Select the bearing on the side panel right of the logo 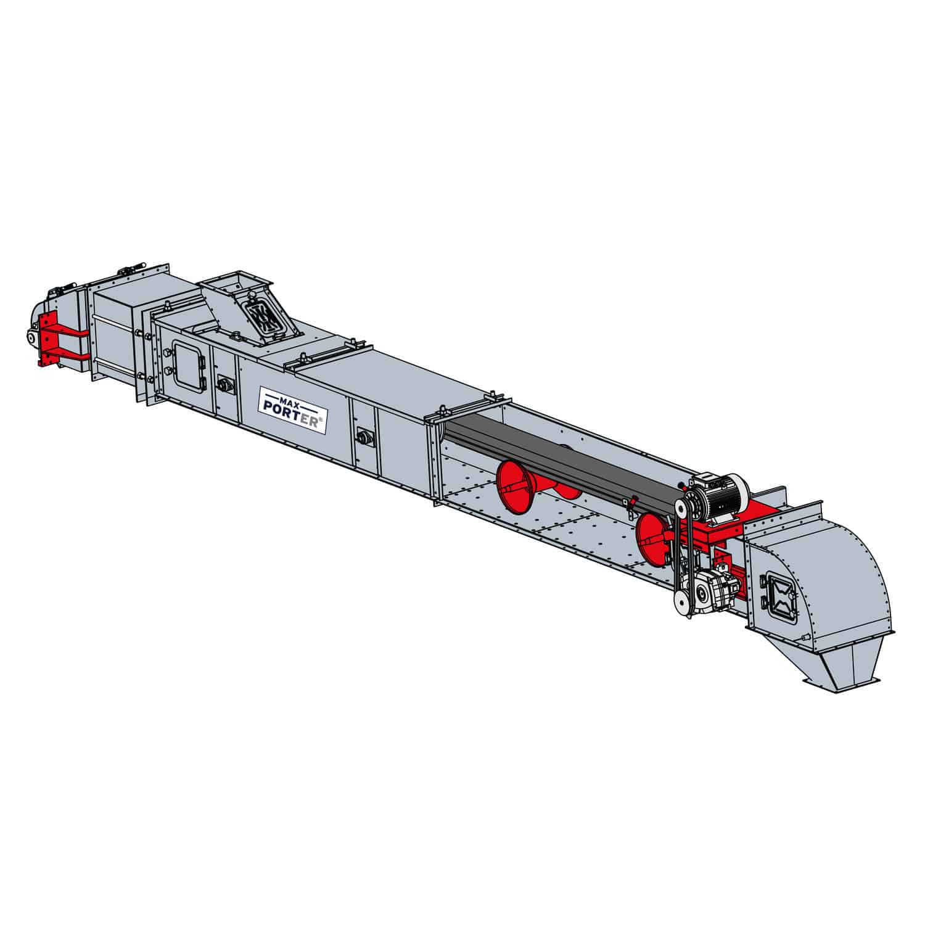click(x=365, y=437)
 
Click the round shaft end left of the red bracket click(x=31, y=336)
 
